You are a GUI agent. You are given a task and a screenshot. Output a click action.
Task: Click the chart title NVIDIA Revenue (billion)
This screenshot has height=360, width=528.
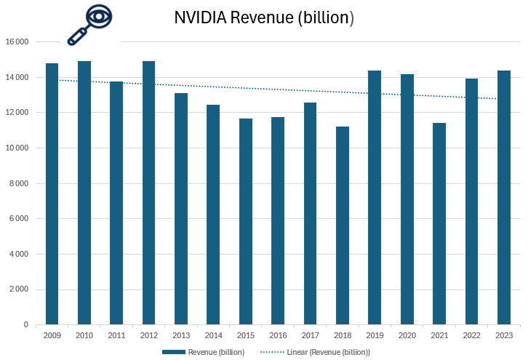pos(263,18)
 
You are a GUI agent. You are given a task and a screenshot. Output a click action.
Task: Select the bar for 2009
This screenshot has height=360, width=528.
pos(52,193)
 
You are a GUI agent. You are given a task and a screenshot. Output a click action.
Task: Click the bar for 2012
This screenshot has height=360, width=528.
pos(148,193)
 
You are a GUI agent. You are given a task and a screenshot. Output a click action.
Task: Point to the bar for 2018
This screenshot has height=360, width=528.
pos(342,225)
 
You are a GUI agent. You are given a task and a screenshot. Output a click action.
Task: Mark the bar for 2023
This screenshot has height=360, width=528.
pos(503,197)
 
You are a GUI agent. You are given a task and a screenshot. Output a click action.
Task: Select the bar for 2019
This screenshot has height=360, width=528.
pos(375,197)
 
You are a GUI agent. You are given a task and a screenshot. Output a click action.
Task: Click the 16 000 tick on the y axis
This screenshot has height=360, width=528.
pos(16,42)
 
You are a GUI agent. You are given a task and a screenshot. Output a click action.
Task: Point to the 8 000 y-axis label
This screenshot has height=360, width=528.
pos(17,183)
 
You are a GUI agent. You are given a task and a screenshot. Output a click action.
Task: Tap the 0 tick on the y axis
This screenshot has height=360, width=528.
pos(25,324)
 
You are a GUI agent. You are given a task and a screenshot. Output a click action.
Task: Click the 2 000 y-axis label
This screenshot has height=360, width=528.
pos(17,289)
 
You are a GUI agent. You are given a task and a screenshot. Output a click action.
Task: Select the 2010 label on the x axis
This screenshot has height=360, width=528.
pos(84,335)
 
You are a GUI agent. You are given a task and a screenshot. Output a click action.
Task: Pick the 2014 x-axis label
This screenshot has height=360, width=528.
pos(213,335)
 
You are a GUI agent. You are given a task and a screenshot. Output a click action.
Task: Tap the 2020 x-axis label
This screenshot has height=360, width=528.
pos(407,335)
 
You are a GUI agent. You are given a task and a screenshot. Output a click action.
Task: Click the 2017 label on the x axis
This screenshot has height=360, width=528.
pos(310,335)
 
